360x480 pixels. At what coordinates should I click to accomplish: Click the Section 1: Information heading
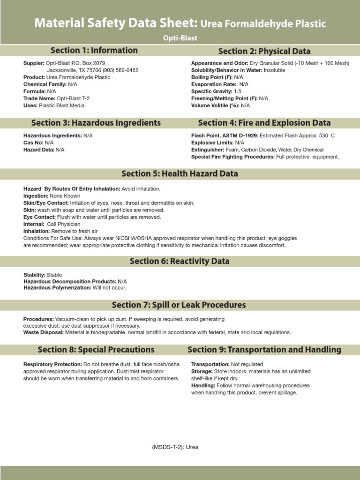click(94, 51)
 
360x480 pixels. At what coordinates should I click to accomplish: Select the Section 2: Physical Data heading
click(264, 51)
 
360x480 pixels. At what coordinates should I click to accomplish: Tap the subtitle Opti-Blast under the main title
click(180, 38)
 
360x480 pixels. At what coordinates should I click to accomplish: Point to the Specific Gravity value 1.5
click(238, 91)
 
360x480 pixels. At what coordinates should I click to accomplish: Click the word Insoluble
click(274, 70)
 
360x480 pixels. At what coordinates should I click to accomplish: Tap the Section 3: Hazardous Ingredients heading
click(96, 123)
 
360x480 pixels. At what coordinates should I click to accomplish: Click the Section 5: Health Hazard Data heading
click(180, 173)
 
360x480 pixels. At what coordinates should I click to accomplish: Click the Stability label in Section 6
click(34, 275)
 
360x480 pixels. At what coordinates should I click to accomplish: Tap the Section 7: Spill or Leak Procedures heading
click(179, 305)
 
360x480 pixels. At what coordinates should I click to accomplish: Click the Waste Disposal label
click(44, 332)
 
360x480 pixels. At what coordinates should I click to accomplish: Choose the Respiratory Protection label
click(52, 364)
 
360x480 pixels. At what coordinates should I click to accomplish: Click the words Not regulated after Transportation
click(247, 364)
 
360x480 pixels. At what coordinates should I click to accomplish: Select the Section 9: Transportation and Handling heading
click(264, 350)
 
